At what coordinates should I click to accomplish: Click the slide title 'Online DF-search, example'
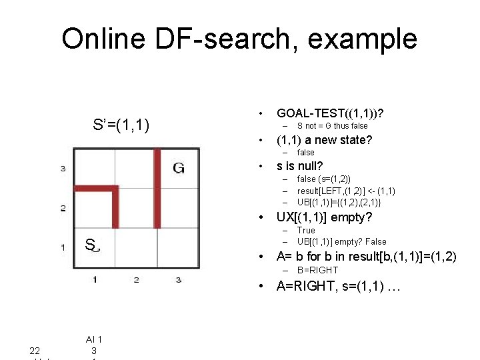tap(239, 39)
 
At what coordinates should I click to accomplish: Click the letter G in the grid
tap(179, 168)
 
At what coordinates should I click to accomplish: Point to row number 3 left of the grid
tap(63, 169)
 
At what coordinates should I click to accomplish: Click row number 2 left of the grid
tap(63, 208)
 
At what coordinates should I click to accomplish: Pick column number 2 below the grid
tap(136, 279)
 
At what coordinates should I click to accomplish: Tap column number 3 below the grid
tap(178, 279)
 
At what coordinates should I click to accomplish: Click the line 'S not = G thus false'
tap(332, 125)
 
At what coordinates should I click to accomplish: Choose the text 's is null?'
tap(300, 165)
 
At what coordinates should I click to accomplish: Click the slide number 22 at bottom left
tap(35, 351)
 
